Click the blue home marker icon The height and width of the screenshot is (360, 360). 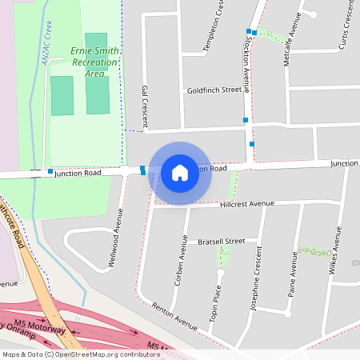click(180, 172)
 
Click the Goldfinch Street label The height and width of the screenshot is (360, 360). click(214, 90)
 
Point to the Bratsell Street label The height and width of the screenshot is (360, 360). click(214, 241)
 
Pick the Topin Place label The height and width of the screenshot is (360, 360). click(216, 301)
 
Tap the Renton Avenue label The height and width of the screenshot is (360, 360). click(174, 316)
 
